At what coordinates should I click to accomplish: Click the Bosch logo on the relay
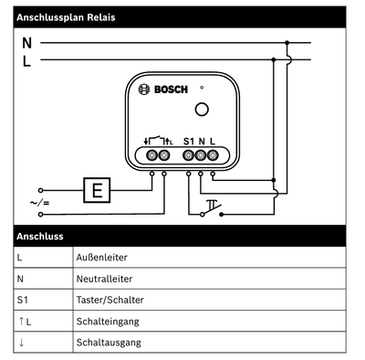pos(162,89)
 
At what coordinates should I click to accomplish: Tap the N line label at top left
pos(26,43)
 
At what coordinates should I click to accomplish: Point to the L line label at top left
pos(26,61)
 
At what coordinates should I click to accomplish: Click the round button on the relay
pos(202,111)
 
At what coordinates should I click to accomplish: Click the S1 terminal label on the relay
pos(188,141)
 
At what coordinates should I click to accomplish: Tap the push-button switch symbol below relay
pos(213,208)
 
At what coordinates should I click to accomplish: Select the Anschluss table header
pos(40,237)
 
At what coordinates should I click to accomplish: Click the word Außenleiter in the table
pos(99,258)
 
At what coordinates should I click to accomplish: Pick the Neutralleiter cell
pos(101,279)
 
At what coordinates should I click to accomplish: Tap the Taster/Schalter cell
pos(109,300)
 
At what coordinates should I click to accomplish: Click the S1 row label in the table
pos(23,300)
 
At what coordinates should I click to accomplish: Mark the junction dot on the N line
pos(287,43)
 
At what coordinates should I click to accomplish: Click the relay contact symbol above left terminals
pos(157,141)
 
